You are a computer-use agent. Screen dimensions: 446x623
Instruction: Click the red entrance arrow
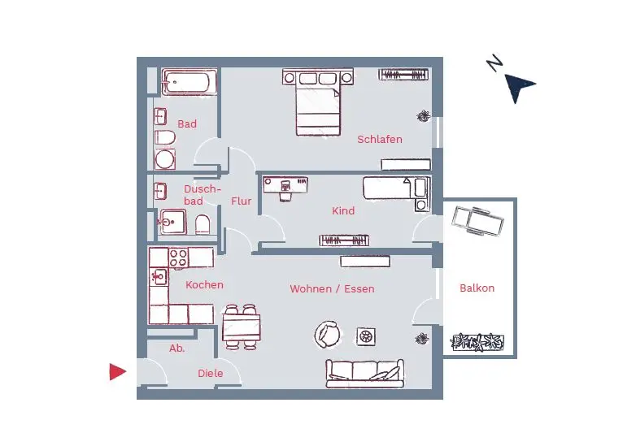point(118,372)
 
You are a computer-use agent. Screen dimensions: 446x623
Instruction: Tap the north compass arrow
point(518,87)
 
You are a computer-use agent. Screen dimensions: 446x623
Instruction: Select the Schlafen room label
point(380,140)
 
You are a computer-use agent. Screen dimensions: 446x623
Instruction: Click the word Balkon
point(477,288)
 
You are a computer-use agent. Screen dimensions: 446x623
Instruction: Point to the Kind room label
point(343,211)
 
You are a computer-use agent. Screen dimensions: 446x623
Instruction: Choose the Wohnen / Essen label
point(332,289)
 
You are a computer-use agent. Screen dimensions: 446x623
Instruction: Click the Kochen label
point(204,285)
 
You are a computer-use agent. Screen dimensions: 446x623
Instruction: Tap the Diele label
point(210,374)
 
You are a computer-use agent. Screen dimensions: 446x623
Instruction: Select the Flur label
point(241,201)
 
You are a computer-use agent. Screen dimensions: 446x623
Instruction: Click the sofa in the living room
point(364,373)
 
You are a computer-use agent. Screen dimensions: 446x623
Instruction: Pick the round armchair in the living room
point(329,332)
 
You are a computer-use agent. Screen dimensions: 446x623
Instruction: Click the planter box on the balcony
point(479,342)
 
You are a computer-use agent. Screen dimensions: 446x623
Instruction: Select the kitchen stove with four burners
point(179,258)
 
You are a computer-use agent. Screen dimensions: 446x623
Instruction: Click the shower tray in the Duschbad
point(173,221)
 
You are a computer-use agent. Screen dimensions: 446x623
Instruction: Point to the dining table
point(242,327)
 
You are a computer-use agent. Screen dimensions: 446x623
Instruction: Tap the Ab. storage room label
point(176,349)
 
